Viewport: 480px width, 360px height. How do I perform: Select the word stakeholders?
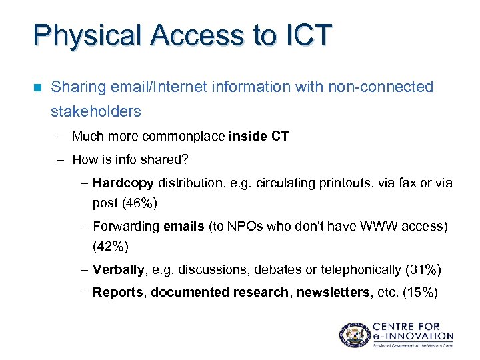96,111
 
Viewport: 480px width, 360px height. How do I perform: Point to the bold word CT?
280,137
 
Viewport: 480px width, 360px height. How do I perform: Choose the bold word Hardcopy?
123,183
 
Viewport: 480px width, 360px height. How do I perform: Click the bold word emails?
184,227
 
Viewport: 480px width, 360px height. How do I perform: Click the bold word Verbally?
117,270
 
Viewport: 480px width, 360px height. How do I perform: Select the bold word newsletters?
331,293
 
